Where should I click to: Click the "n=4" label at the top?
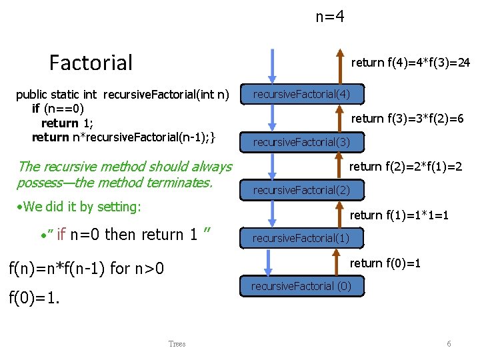coord(330,17)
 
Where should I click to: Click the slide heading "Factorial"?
coord(91,63)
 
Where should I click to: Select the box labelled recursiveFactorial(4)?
coord(301,94)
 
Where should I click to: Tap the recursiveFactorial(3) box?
coord(301,142)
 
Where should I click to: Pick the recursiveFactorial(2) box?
coord(301,190)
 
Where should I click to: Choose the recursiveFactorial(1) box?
coord(301,238)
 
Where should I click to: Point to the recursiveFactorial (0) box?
coord(301,286)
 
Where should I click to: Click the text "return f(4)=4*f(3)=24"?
coord(411,63)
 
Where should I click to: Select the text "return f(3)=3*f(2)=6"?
coord(407,119)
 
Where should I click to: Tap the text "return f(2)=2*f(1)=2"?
coord(406,166)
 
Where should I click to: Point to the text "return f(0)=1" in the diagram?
coord(385,263)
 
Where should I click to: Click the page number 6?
coord(449,344)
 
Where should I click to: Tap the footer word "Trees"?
coord(177,344)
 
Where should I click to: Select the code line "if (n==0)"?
coord(57,108)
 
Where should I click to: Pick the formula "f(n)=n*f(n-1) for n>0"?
coord(85,269)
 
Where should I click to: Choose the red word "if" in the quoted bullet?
coord(61,235)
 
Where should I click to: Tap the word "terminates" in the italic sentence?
coord(179,182)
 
